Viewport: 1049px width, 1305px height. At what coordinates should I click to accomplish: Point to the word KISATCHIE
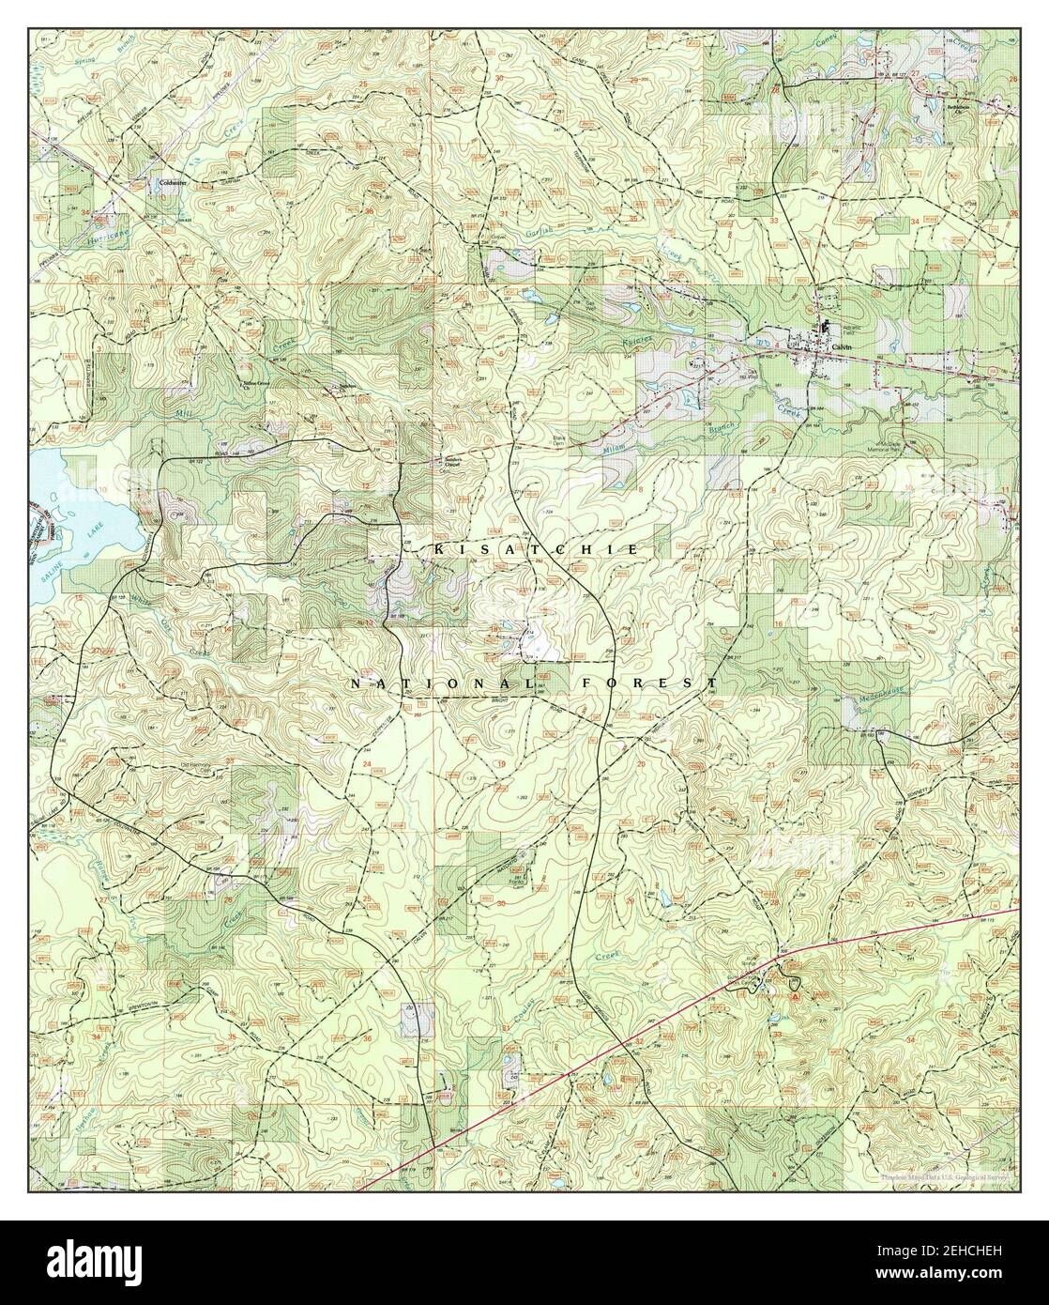(x=537, y=547)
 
